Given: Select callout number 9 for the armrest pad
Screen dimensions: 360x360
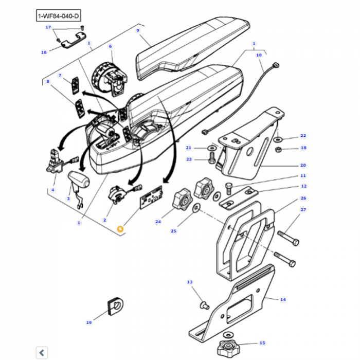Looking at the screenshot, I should click(x=138, y=31).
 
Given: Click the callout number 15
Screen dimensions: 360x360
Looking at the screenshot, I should click(x=262, y=343).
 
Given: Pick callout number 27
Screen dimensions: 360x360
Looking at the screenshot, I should click(x=303, y=210).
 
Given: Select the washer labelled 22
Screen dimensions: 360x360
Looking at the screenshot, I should click(x=278, y=139).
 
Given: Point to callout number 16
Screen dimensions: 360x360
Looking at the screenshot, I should click(x=44, y=52).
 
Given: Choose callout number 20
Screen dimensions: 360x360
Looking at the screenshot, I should click(x=303, y=165).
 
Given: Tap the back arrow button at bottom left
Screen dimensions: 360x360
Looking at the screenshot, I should click(x=42, y=352).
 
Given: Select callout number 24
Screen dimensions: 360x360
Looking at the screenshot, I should click(x=157, y=222).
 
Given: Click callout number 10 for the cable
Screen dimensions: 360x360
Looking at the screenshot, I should click(x=259, y=55).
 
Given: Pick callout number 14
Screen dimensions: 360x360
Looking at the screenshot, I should click(x=282, y=299).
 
